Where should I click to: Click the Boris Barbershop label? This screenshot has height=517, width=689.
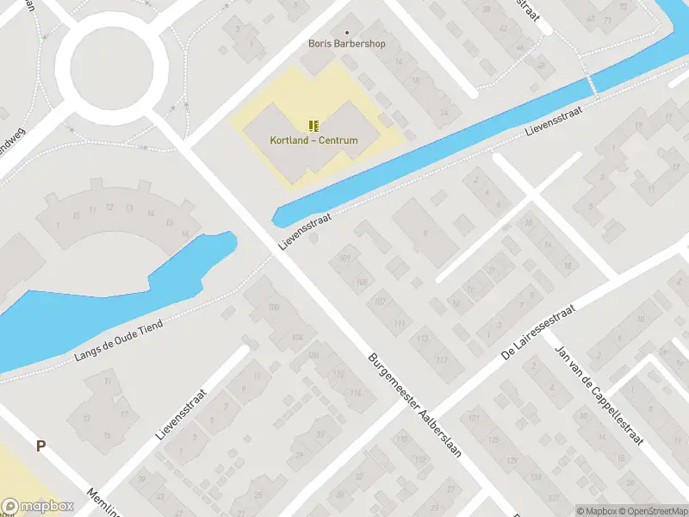click(x=347, y=44)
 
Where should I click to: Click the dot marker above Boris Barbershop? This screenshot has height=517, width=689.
click(x=347, y=32)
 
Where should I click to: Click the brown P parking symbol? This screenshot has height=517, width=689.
click(x=40, y=445)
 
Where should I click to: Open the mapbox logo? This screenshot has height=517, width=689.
click(x=36, y=507)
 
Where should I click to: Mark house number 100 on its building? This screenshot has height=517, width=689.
click(x=275, y=308)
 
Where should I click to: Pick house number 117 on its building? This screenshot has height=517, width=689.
click(x=443, y=359)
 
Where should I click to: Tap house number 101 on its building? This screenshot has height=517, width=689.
click(x=345, y=258)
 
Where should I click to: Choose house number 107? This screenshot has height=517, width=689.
click(x=380, y=302)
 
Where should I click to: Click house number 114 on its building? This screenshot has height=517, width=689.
click(x=355, y=394)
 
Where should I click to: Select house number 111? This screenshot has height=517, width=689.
click(x=399, y=323)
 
